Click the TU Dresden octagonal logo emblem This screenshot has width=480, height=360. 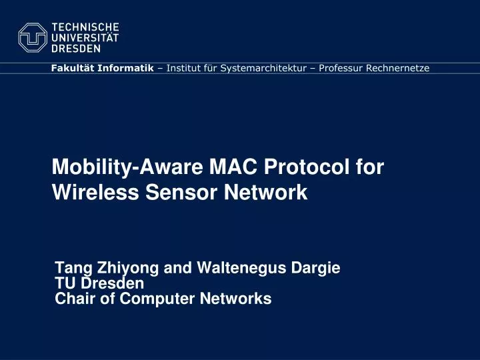coord(33,37)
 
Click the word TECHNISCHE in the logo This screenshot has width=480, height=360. coord(85,27)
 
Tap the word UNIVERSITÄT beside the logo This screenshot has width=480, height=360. coord(85,38)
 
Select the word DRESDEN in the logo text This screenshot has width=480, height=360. coord(77,49)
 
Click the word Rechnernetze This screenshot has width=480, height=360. coord(398,68)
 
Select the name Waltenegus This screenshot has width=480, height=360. coord(242,269)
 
